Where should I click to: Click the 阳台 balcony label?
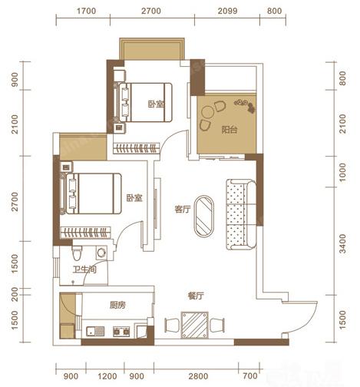pyautogui.click(x=230, y=130)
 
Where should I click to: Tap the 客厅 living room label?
pyautogui.click(x=183, y=209)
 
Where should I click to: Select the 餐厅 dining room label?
pyautogui.click(x=196, y=296)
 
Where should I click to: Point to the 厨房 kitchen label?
pyautogui.click(x=117, y=305)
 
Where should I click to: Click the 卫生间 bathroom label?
pyautogui.click(x=84, y=270)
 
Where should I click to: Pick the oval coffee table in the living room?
pyautogui.click(x=204, y=217)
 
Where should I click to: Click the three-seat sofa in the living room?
pyautogui.click(x=241, y=214)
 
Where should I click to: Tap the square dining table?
pyautogui.click(x=194, y=325)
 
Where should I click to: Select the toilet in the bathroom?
pyautogui.click(x=77, y=253)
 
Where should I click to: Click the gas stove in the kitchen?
pyautogui.click(x=121, y=331)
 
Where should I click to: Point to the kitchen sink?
pyautogui.click(x=95, y=331)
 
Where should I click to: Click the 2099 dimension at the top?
pyautogui.click(x=227, y=11)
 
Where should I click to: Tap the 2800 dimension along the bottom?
pyautogui.click(x=198, y=376)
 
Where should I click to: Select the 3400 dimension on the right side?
pyautogui.click(x=343, y=243)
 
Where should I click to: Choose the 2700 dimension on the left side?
pyautogui.click(x=15, y=201)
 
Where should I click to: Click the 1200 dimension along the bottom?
pyautogui.click(x=107, y=376)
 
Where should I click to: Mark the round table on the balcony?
pyautogui.click(x=207, y=112)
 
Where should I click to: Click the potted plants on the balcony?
pyautogui.click(x=245, y=105)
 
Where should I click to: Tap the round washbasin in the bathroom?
pyautogui.click(x=101, y=253)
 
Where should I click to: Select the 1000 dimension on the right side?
pyautogui.click(x=343, y=172)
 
